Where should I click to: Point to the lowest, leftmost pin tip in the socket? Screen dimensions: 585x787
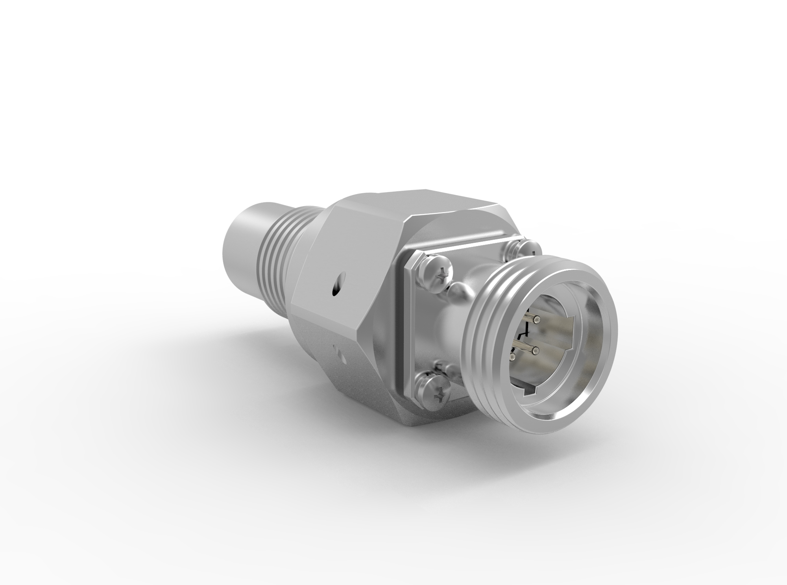(512, 357)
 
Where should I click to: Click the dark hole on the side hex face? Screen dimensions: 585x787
(336, 290)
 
